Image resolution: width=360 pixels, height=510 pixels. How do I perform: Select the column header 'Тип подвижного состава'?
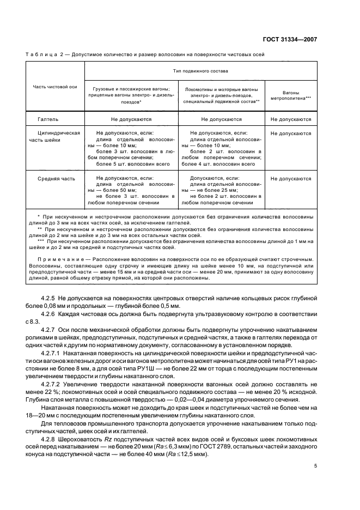tap(201, 71)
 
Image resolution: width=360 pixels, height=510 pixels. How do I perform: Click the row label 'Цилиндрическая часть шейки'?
tap(56, 136)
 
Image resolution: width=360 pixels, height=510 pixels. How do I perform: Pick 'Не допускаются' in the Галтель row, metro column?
tap(291, 118)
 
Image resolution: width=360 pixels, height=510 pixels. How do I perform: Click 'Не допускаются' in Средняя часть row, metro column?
tap(291, 178)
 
